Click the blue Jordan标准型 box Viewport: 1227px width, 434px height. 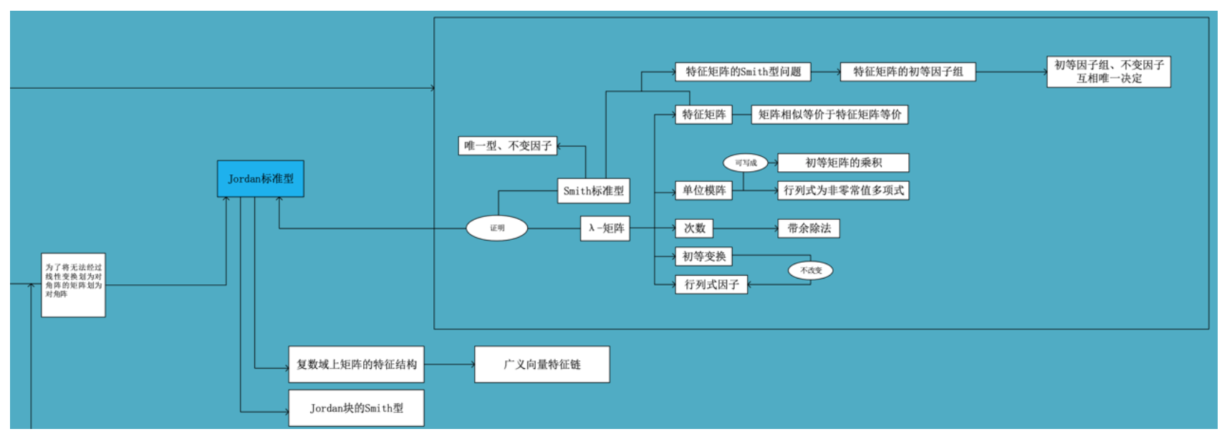[260, 178]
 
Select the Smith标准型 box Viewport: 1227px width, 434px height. [593, 191]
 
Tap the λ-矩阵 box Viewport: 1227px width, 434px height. [605, 228]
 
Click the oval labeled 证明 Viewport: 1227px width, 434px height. [497, 228]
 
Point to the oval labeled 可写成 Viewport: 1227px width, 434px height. [745, 163]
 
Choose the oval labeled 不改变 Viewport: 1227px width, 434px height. [810, 270]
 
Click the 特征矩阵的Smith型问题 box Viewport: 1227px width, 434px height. [743, 72]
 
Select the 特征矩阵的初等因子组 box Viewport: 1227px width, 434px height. [908, 72]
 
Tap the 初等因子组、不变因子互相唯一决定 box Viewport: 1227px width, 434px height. [1108, 72]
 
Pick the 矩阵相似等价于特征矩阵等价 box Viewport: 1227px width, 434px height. [829, 115]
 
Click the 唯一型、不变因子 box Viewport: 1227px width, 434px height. [507, 146]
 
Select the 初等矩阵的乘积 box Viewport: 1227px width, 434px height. [843, 163]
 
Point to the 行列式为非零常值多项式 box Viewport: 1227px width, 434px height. [843, 191]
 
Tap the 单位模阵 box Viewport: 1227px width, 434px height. [703, 191]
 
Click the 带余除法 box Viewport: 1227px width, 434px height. [809, 228]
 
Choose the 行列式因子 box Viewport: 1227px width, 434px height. [711, 284]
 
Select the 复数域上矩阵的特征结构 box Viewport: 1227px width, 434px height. [356, 365]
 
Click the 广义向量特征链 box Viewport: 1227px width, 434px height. [542, 365]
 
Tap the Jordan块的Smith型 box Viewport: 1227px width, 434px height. [356, 408]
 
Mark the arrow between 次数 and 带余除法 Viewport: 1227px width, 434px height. [745, 228]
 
